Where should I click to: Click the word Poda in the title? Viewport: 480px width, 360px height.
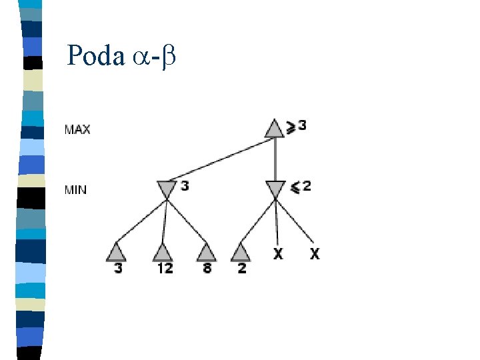[95, 56]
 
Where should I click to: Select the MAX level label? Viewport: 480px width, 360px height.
[77, 129]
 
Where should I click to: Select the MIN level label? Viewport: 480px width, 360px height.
[75, 190]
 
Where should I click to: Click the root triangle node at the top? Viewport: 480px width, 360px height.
[275, 128]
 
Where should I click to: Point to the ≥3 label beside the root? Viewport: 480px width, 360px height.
[297, 125]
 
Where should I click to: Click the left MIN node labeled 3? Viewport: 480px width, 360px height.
[167, 189]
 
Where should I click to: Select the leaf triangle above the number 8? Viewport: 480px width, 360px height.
[207, 252]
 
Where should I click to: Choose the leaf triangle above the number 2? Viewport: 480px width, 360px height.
[241, 252]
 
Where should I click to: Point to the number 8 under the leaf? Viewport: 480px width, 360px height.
[207, 268]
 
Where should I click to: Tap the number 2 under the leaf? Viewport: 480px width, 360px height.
[241, 268]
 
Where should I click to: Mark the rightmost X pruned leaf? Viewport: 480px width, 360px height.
[314, 253]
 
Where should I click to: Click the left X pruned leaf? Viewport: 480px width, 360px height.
[278, 253]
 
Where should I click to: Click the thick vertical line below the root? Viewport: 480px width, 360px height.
[275, 159]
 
